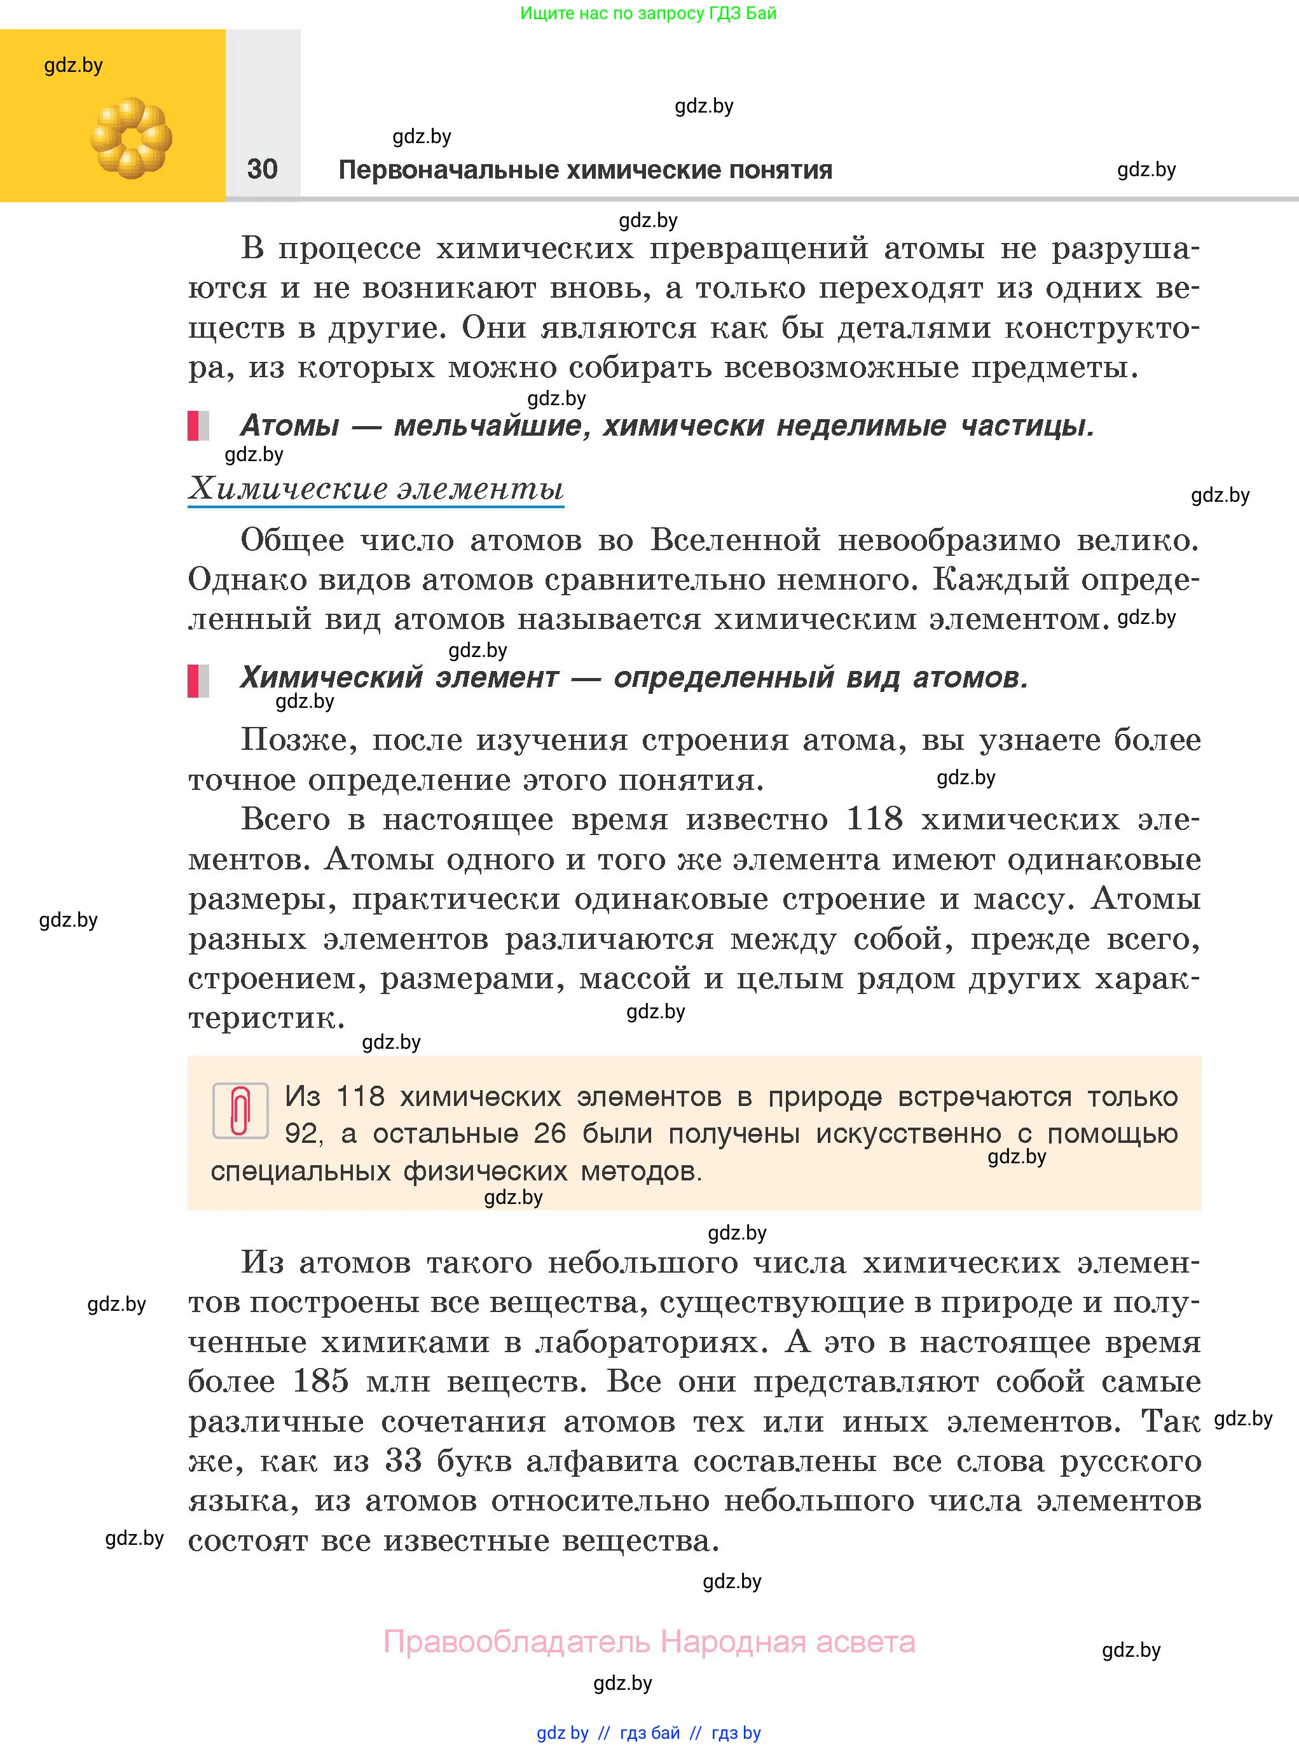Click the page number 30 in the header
(x=262, y=169)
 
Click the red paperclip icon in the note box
(x=240, y=1110)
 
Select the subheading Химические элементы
(x=376, y=489)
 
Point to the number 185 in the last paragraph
(x=321, y=1381)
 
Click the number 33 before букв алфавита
(x=403, y=1460)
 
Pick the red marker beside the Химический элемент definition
(x=193, y=681)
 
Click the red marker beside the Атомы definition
(x=193, y=425)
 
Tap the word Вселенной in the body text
(x=735, y=540)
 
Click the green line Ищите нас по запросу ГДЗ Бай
(x=648, y=13)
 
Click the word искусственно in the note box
(x=908, y=1133)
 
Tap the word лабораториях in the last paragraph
(x=650, y=1341)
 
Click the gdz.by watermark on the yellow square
(x=73, y=66)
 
